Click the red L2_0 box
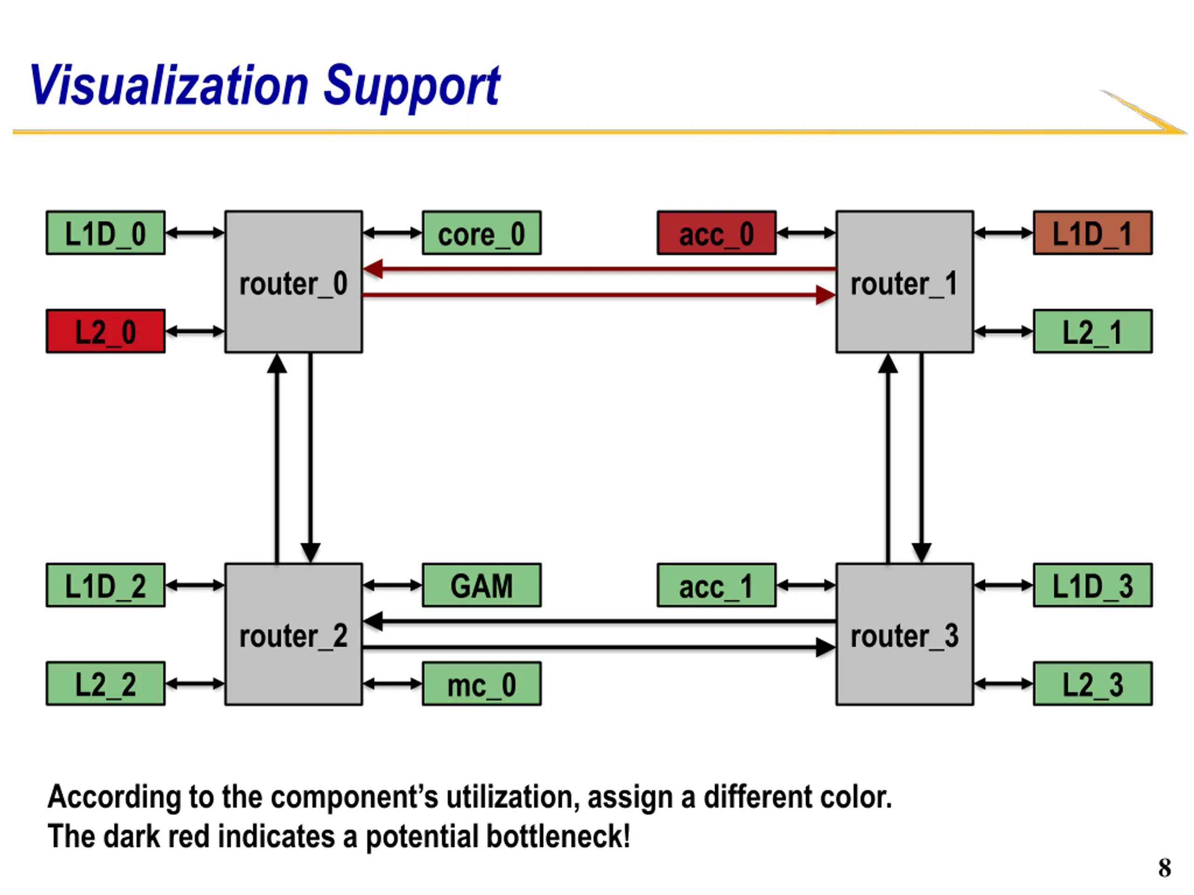(x=106, y=331)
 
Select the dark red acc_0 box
(x=716, y=233)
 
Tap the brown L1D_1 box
(x=1092, y=233)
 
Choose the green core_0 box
(x=481, y=233)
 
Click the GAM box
(x=481, y=585)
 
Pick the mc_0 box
(x=481, y=684)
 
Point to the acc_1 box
(x=716, y=585)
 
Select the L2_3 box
(x=1092, y=684)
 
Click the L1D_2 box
(x=106, y=585)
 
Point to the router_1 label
(x=905, y=284)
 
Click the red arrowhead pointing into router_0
(x=373, y=268)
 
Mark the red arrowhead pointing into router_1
(x=826, y=295)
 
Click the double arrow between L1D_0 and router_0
(x=195, y=233)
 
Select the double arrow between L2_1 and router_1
(x=1003, y=331)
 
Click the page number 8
(x=1164, y=868)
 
